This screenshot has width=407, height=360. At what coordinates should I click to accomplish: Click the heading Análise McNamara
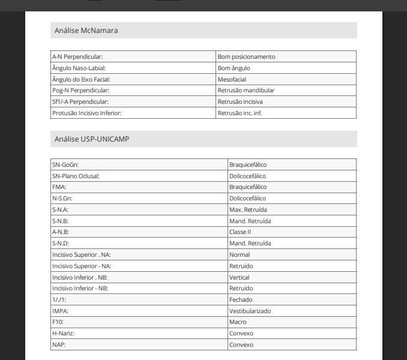click(86, 31)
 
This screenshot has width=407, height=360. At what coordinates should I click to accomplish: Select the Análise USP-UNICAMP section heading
click(91, 139)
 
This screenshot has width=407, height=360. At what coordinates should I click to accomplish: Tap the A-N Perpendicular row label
click(77, 56)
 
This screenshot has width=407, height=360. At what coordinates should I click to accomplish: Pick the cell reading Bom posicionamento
click(246, 56)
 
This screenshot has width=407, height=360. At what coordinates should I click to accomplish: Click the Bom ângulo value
click(234, 68)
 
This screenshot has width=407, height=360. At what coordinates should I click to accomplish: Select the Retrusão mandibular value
click(246, 91)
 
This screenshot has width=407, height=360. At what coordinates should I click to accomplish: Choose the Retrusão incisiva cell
click(240, 102)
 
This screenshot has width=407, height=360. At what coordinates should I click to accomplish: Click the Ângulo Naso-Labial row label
click(79, 68)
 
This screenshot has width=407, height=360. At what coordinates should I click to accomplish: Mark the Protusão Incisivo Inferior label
click(91, 113)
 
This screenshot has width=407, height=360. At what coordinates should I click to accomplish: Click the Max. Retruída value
click(248, 209)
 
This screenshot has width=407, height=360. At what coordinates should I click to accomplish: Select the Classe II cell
click(240, 232)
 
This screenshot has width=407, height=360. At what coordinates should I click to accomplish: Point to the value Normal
click(240, 254)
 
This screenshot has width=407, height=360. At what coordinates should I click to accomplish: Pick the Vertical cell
click(239, 277)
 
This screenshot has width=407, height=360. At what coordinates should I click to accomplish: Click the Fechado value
click(241, 299)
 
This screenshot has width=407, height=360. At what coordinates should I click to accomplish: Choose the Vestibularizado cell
click(250, 311)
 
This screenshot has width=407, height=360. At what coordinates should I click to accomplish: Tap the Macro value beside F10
click(238, 322)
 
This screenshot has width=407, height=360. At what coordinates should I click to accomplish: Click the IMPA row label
click(60, 311)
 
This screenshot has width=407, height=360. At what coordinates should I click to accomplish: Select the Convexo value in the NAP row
click(241, 345)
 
